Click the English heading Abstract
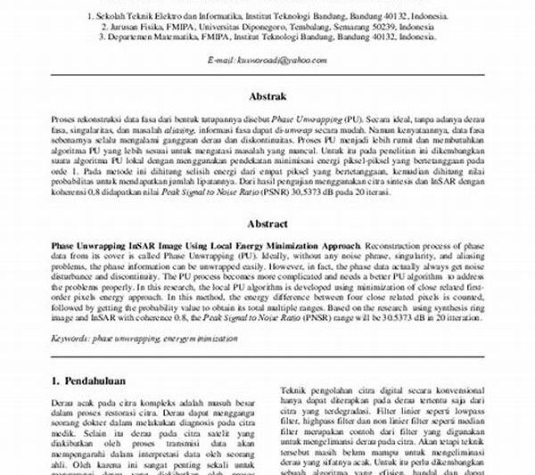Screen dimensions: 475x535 [267, 225]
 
